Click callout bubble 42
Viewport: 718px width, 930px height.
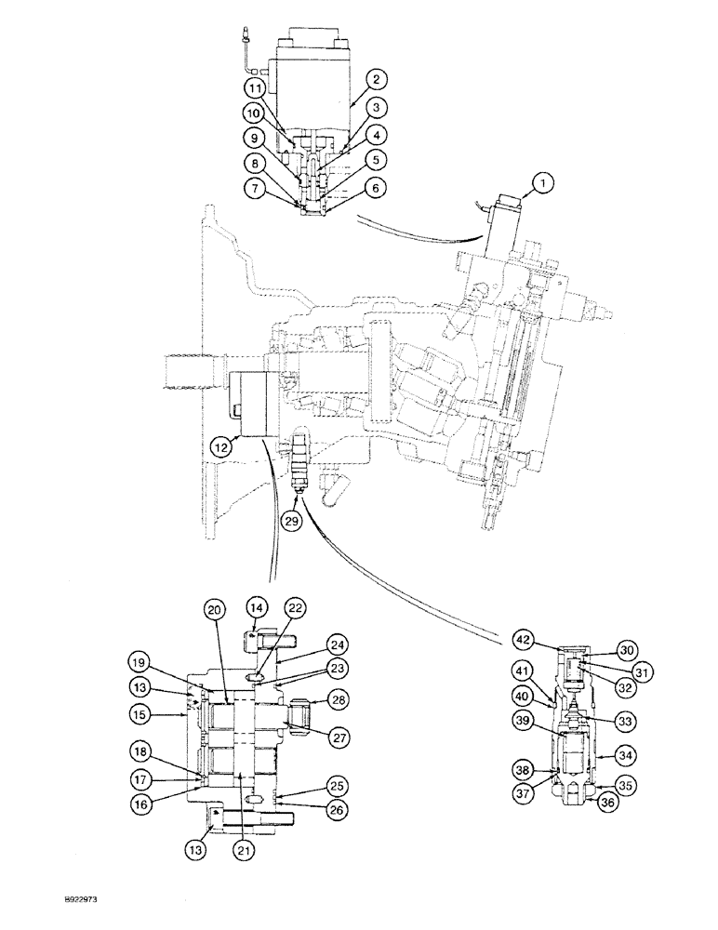coord(523,641)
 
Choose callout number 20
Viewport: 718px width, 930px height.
coord(215,609)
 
